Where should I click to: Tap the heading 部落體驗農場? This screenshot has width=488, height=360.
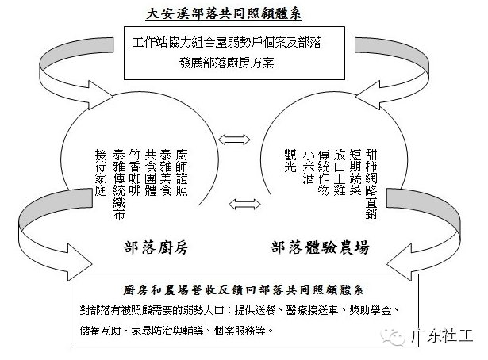pyautogui.click(x=319, y=248)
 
